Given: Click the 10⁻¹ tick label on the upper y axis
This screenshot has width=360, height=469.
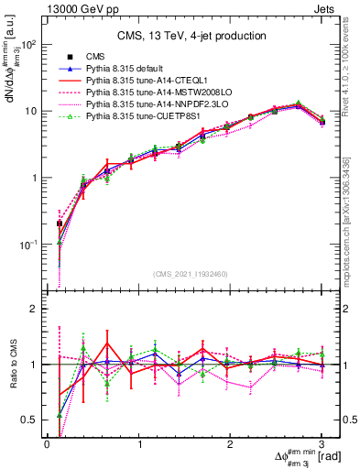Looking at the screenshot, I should [27, 245].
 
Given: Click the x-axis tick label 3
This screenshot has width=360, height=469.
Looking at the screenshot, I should [322, 444].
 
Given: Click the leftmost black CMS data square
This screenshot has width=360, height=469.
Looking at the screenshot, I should [60, 223].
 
